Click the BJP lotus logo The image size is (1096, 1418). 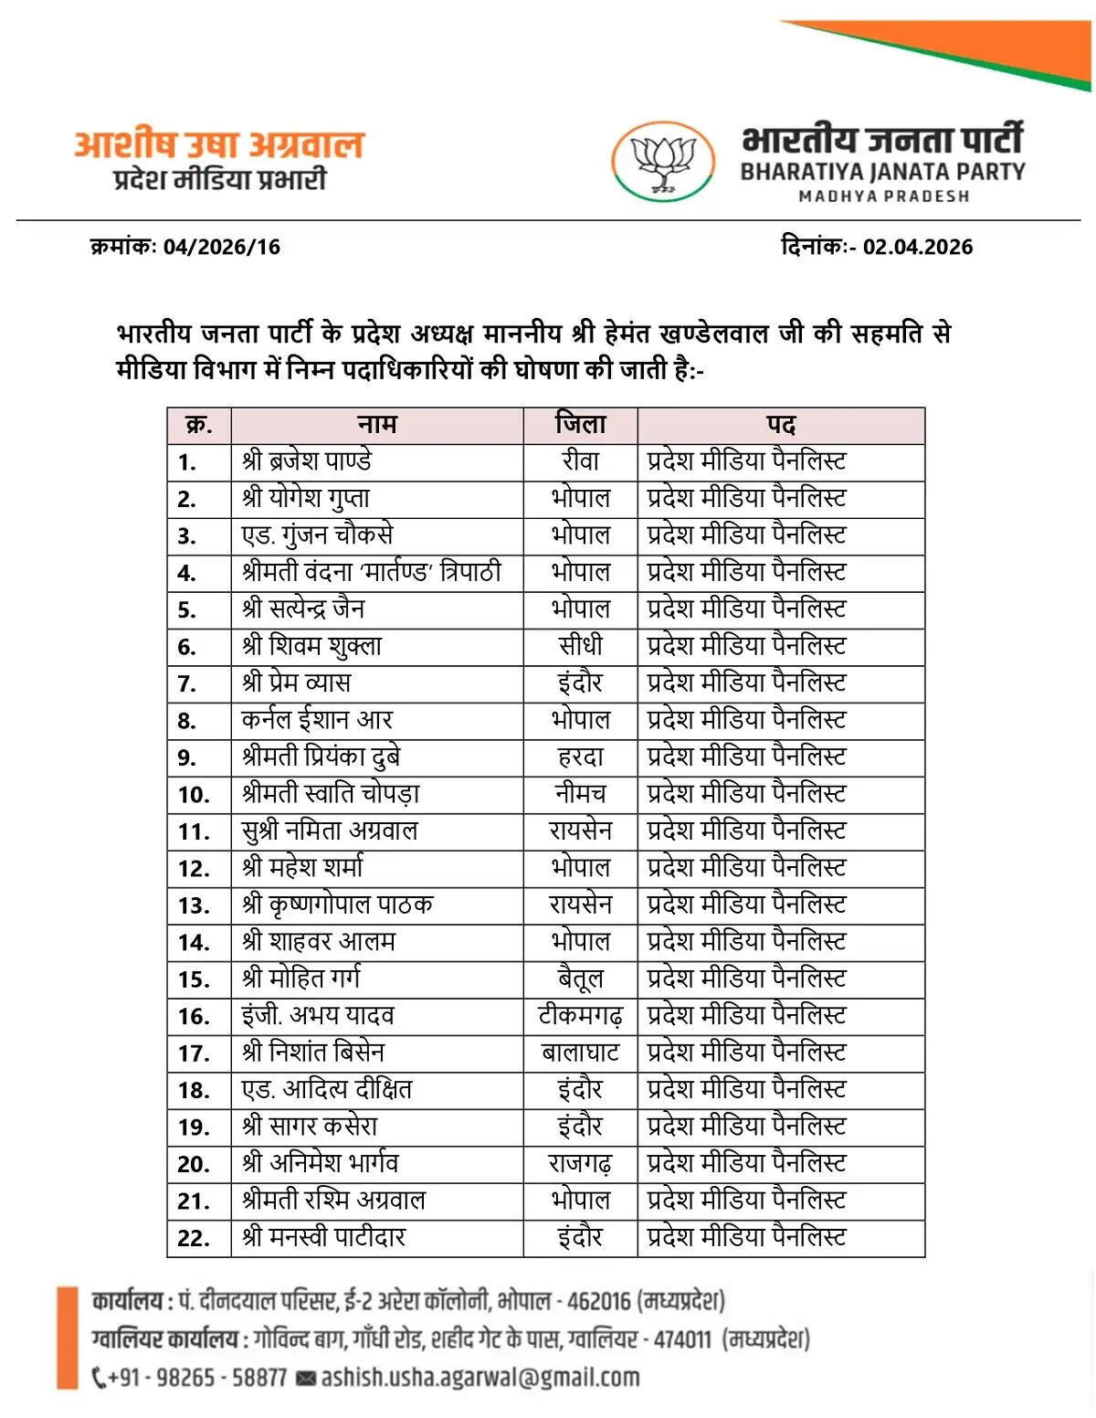tap(663, 162)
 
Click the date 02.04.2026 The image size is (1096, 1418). tap(917, 247)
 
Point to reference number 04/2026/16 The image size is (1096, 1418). tap(222, 247)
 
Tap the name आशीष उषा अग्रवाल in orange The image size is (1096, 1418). tap(219, 144)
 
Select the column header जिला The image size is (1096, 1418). tap(580, 425)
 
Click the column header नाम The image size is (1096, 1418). tap(376, 425)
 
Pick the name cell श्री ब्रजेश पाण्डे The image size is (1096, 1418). tap(307, 461)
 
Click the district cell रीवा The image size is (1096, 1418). tap(580, 461)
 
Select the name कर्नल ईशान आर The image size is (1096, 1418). tap(317, 720)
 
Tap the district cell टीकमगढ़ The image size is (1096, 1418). tap(580, 1015)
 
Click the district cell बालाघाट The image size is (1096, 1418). tap(580, 1053)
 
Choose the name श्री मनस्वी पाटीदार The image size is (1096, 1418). tap(323, 1237)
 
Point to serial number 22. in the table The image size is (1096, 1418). tap(194, 1238)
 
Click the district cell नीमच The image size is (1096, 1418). tap(580, 793)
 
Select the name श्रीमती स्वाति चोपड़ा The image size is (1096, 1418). tap(331, 793)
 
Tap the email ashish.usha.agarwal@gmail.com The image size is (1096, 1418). tap(480, 1377)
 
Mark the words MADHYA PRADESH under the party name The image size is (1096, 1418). tap(883, 196)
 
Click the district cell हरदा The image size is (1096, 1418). tap(580, 757)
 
